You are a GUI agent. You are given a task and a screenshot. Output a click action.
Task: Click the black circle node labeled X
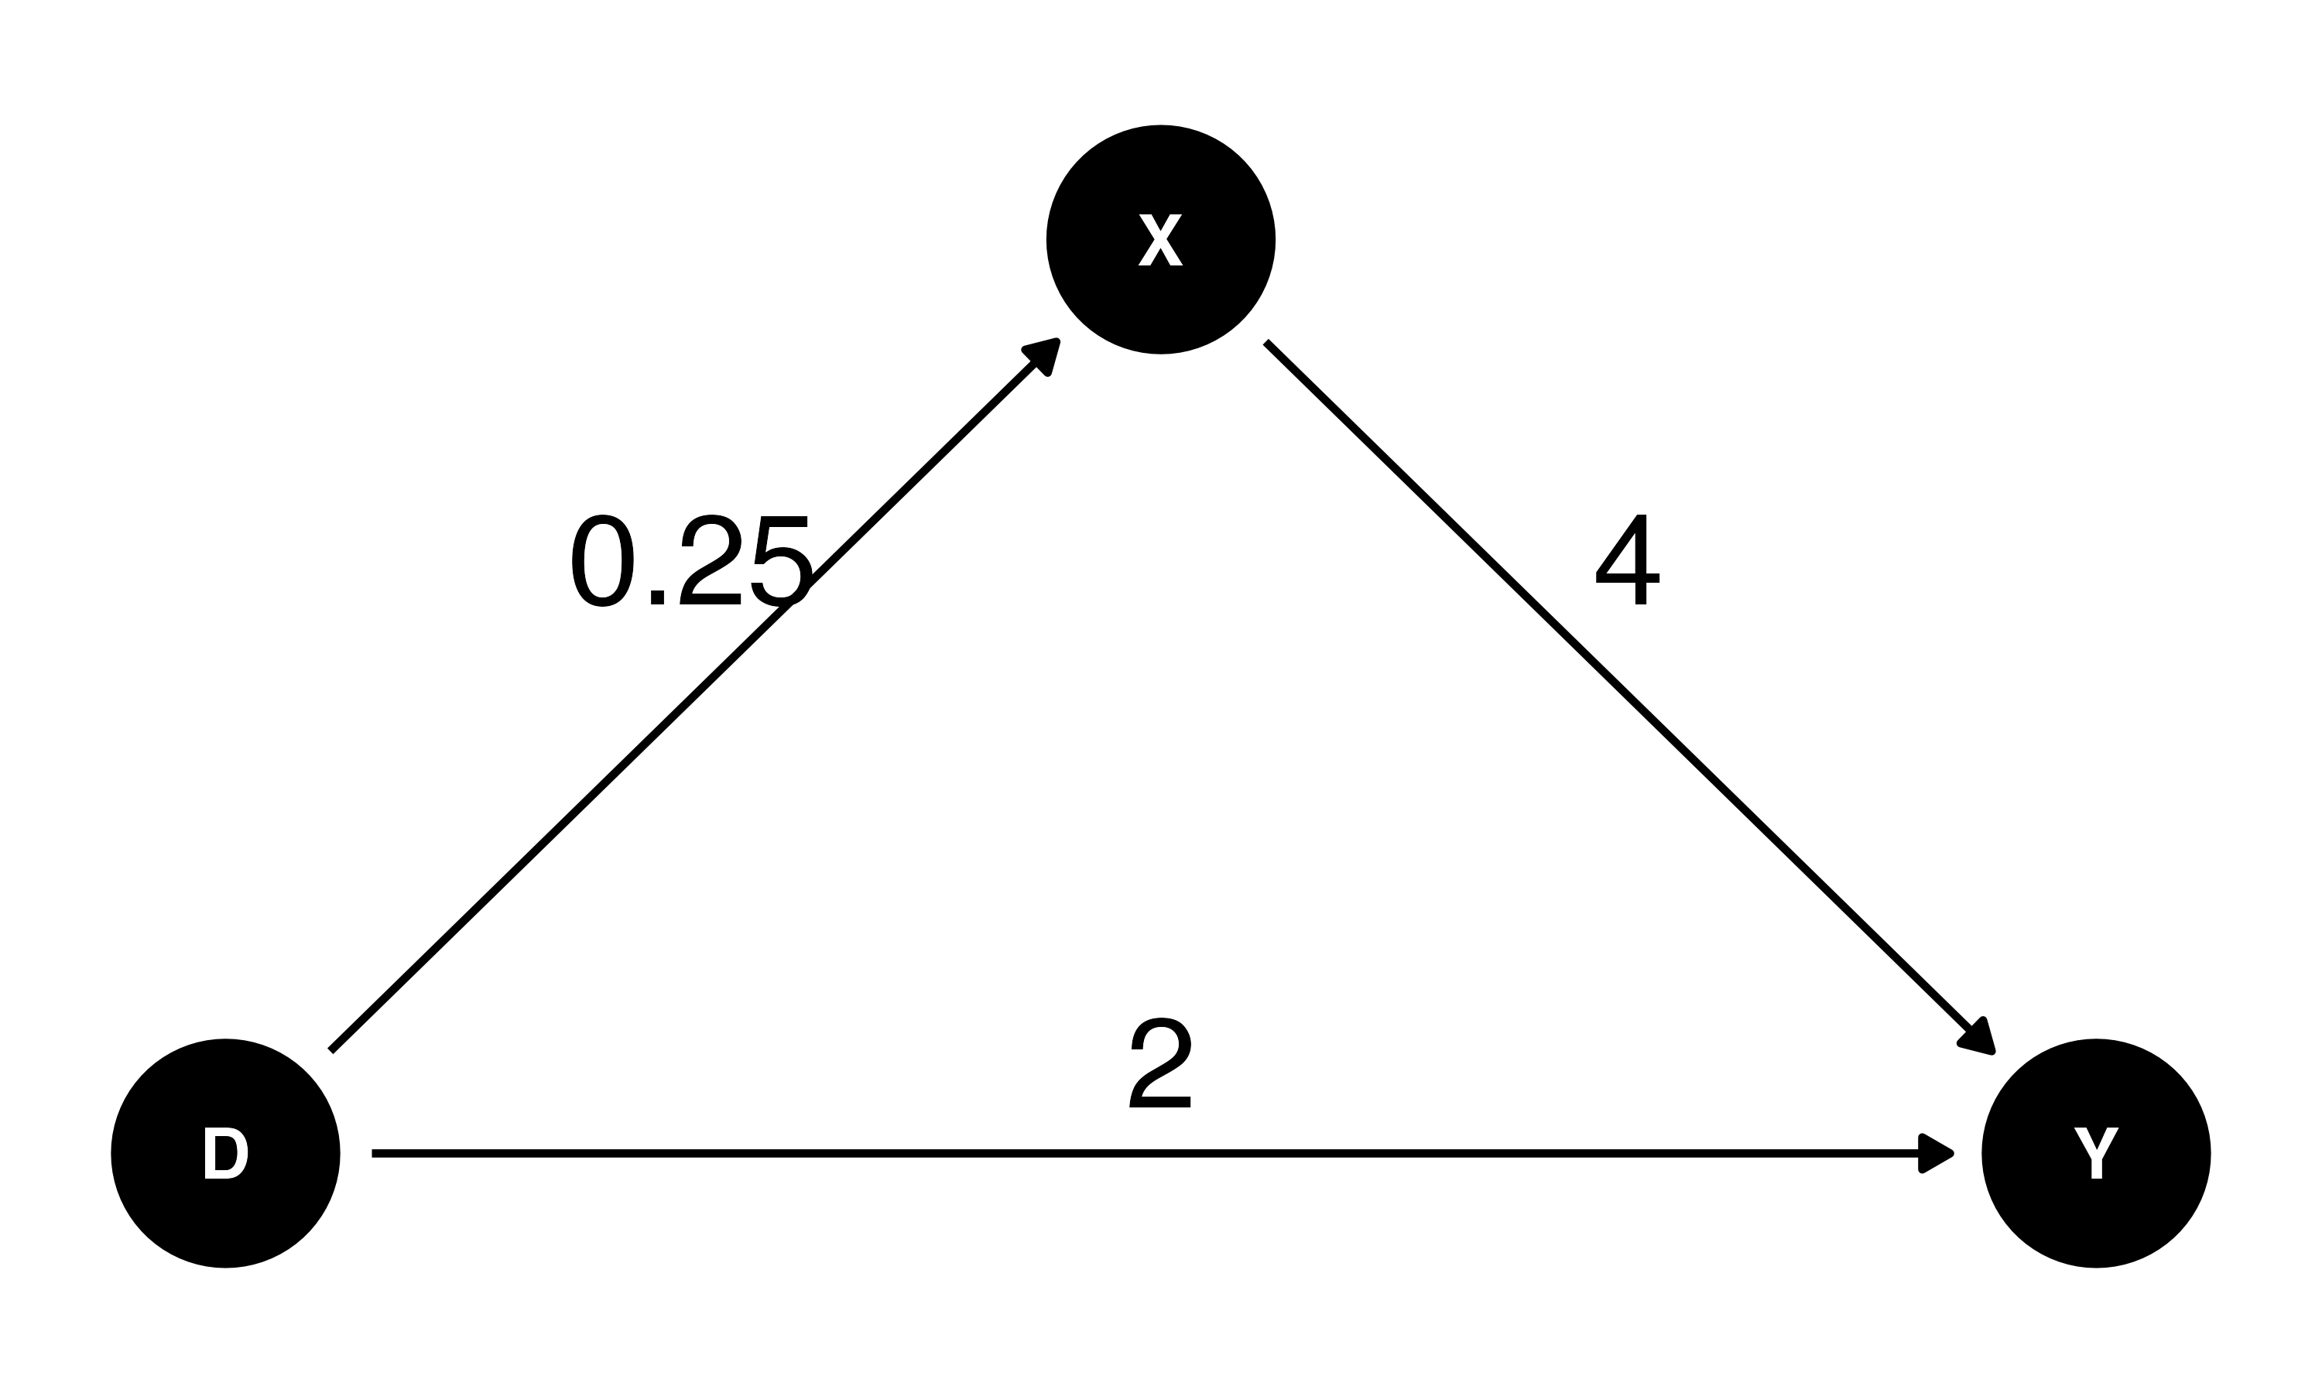(1160, 239)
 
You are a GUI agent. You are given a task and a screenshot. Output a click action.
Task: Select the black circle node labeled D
(225, 1154)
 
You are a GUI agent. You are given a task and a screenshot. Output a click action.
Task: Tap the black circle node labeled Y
(2096, 1154)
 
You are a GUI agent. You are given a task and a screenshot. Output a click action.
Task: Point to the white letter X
(1160, 239)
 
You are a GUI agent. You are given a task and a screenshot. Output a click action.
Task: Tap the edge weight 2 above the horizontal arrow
(1160, 1063)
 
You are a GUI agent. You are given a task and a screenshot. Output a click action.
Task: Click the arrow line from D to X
(694, 696)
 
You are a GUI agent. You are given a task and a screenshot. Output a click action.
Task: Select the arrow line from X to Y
(1630, 698)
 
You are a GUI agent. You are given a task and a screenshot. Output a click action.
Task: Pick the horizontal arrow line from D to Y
(1163, 1154)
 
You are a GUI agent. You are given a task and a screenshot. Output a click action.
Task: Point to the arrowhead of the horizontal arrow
(1935, 1154)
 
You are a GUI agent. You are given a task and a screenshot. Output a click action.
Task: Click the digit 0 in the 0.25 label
(602, 560)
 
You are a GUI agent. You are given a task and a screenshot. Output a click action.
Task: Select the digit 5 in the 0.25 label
(781, 561)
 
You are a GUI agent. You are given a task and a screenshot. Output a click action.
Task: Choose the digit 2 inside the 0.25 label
(711, 560)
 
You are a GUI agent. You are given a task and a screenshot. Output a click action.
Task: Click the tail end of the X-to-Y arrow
(1265, 342)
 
